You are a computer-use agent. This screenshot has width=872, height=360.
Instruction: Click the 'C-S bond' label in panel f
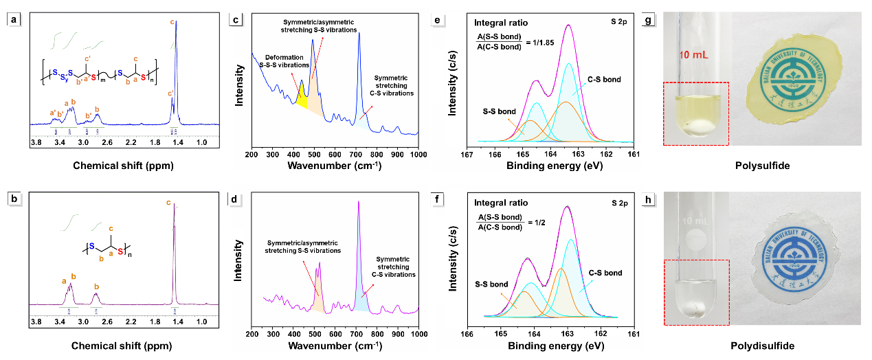(x=605, y=273)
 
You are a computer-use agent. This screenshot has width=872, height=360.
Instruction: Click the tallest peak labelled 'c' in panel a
(x=177, y=23)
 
